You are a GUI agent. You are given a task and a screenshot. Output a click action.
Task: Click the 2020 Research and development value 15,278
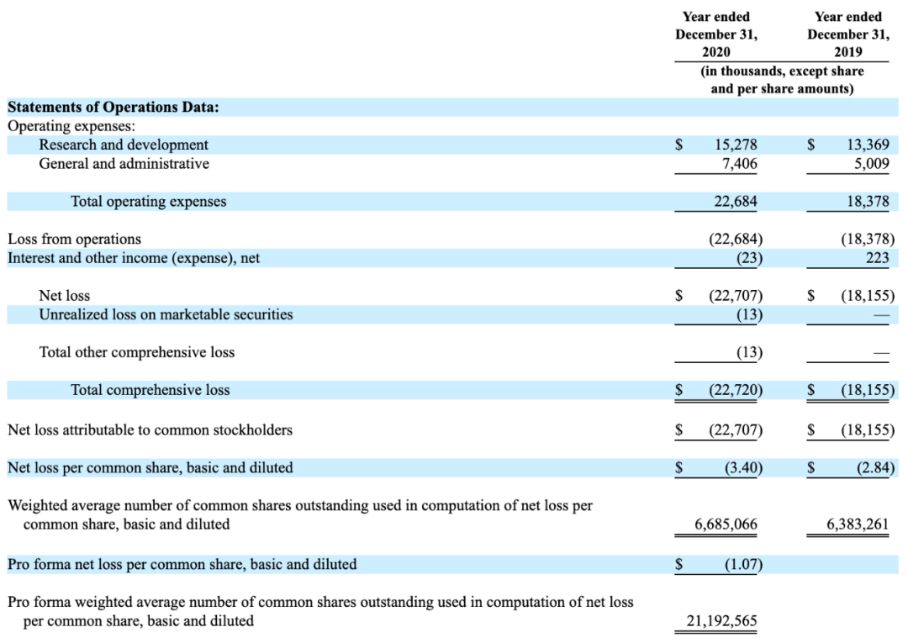point(736,145)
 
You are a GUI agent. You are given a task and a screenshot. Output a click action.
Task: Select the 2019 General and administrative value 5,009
point(872,164)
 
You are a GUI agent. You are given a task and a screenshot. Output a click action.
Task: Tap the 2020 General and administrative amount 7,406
point(740,164)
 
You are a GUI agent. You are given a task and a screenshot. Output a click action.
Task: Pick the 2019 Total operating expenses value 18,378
point(868,202)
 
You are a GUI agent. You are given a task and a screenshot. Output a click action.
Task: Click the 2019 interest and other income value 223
point(877,258)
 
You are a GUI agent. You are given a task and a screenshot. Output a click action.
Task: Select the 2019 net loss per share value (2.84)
point(875,467)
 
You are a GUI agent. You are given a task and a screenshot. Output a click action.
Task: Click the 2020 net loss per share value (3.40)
point(743,467)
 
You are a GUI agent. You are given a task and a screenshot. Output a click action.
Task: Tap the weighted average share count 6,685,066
point(726,524)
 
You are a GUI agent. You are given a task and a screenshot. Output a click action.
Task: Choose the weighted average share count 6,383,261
point(857,524)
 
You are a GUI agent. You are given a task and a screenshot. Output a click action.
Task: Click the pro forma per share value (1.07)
point(743,564)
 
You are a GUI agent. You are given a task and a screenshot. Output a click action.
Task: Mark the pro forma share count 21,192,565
point(721,621)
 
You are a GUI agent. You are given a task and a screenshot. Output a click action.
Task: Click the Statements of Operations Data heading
point(113,107)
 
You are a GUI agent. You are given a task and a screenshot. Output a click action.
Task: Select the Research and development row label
point(124,145)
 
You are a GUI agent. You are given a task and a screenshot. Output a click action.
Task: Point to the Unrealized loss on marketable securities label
point(166,314)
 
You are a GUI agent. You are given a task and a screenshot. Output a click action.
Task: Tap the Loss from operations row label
point(74,239)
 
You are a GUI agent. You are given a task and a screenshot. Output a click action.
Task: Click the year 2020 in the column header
point(715,52)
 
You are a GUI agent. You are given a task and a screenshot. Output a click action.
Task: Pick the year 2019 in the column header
point(847,52)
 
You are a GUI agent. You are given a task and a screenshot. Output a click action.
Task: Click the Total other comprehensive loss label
point(137,352)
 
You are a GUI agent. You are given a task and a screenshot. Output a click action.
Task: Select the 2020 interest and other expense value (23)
point(749,258)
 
